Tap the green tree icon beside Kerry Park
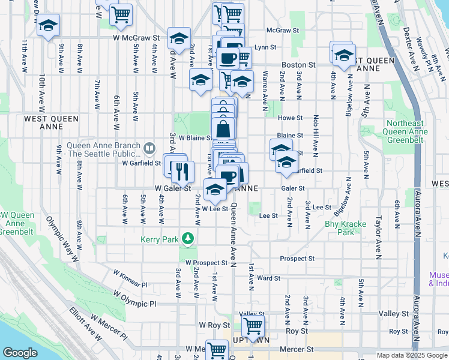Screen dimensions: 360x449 click(188, 239)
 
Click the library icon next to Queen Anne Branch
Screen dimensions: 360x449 click(150, 147)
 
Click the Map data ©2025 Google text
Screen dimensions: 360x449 click(412, 355)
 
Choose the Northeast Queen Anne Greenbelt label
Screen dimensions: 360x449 click(403, 131)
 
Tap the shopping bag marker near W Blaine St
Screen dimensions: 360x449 click(223, 128)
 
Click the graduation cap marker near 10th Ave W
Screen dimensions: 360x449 click(48, 26)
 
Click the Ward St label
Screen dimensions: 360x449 click(268, 278)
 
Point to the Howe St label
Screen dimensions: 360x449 click(289, 118)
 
